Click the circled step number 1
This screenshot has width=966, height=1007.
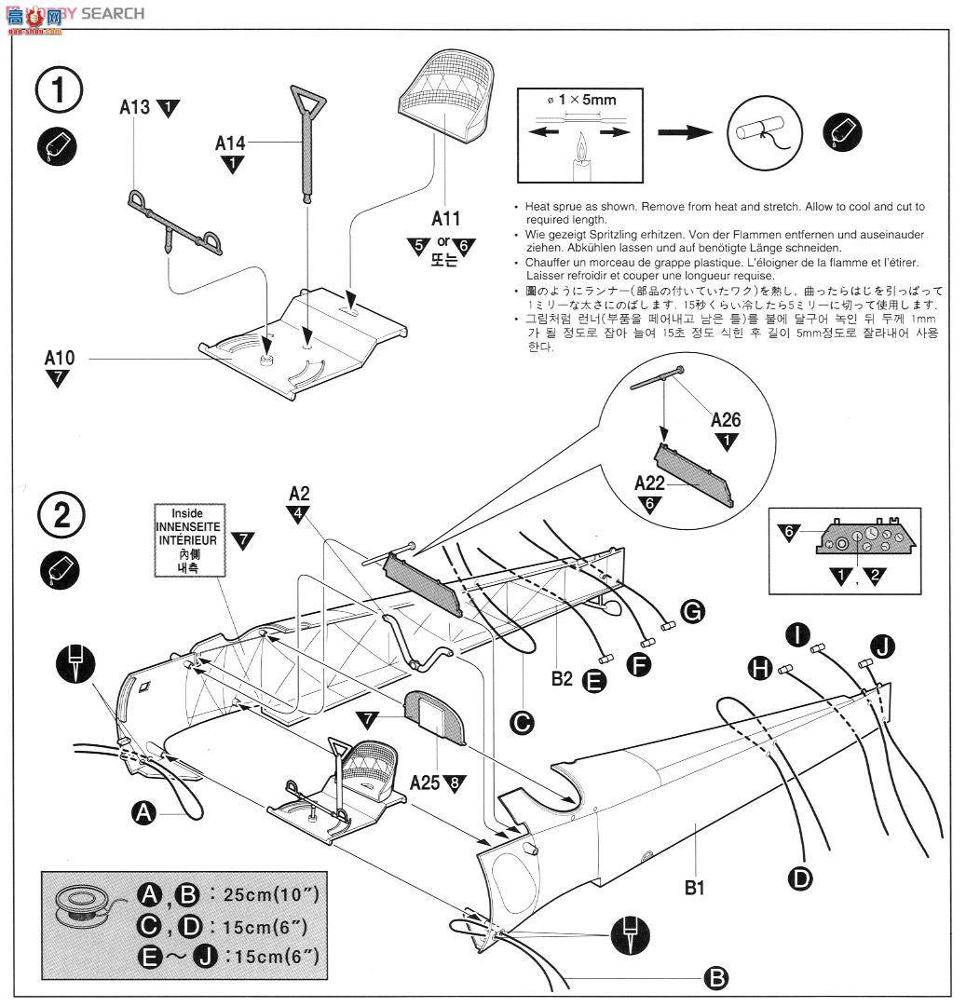click(x=59, y=90)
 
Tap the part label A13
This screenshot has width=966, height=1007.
click(x=134, y=107)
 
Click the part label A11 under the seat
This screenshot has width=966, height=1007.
click(x=444, y=219)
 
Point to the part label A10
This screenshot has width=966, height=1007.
click(x=59, y=357)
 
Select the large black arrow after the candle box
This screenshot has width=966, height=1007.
click(x=687, y=133)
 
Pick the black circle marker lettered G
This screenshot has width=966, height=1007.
click(x=692, y=611)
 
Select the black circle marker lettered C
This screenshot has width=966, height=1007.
click(x=523, y=721)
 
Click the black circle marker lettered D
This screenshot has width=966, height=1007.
click(x=799, y=877)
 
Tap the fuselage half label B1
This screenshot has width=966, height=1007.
click(x=694, y=887)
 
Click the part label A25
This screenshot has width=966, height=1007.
click(x=426, y=782)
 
